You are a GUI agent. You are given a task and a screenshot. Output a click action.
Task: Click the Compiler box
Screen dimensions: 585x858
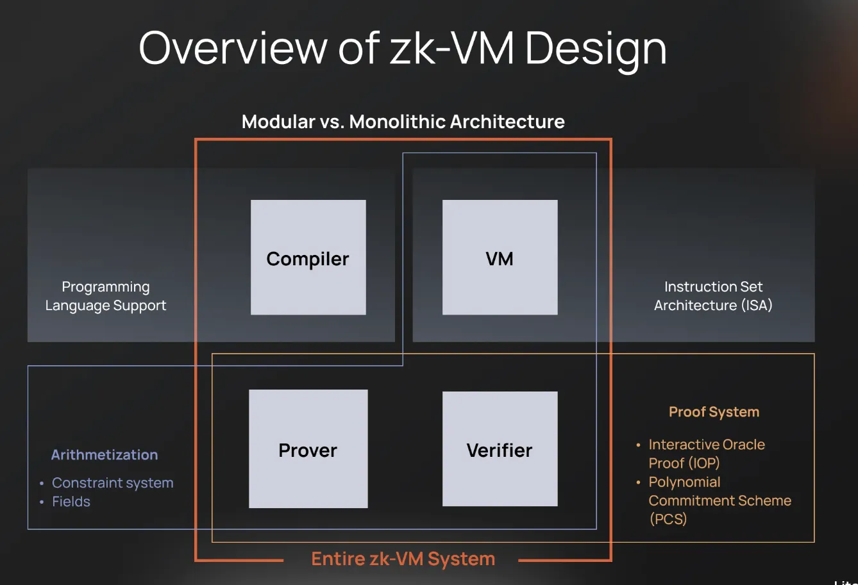308,258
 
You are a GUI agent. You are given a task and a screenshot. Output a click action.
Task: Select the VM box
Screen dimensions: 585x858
500,258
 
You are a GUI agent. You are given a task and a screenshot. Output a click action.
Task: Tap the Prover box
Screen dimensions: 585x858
308,449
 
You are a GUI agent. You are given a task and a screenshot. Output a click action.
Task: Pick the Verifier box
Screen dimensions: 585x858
500,449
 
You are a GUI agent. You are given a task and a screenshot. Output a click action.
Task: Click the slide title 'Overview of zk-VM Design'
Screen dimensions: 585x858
403,49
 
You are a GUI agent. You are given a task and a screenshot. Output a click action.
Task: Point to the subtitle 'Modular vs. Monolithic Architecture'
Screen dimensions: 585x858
403,122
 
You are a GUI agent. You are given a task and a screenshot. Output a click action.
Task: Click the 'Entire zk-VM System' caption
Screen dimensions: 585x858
403,559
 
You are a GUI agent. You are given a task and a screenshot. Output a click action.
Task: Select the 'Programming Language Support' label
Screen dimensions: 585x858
106,296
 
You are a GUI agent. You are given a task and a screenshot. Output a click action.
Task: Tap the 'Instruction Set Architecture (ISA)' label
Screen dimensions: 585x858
713,296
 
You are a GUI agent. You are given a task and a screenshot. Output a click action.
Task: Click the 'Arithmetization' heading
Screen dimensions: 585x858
105,455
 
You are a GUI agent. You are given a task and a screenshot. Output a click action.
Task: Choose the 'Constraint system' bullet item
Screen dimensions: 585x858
112,483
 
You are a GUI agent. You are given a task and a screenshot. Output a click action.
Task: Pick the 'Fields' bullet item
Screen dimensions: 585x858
71,502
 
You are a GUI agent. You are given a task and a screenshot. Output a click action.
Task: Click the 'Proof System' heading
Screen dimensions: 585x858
714,412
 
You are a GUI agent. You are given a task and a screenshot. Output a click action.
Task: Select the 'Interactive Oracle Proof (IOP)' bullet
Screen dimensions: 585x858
706,454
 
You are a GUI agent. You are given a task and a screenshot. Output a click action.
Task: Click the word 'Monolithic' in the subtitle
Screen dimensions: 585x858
397,122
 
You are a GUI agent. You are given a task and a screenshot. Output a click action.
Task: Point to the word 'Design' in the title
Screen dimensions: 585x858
596,49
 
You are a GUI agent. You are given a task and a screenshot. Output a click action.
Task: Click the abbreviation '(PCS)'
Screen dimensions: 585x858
668,519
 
